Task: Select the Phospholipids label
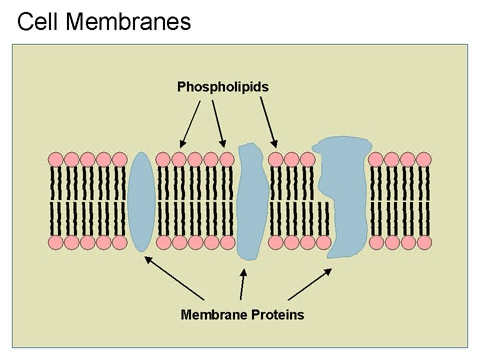click(x=223, y=86)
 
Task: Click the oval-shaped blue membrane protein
click(x=141, y=201)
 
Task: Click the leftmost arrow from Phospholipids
click(x=190, y=123)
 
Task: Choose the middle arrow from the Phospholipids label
click(x=218, y=123)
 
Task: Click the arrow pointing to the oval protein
click(x=175, y=278)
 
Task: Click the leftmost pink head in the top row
click(x=55, y=159)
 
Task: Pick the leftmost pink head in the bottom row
click(x=55, y=241)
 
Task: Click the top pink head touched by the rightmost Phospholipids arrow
click(x=275, y=159)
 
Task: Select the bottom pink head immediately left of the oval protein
click(x=119, y=241)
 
